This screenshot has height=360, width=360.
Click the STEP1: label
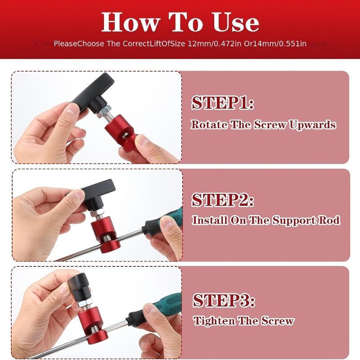click(223, 103)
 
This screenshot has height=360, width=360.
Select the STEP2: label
click(223, 200)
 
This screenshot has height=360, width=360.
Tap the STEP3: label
click(224, 300)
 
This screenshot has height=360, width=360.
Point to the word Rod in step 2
click(331, 220)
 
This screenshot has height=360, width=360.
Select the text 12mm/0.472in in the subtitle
click(209, 44)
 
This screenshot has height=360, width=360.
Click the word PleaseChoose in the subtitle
click(74, 44)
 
